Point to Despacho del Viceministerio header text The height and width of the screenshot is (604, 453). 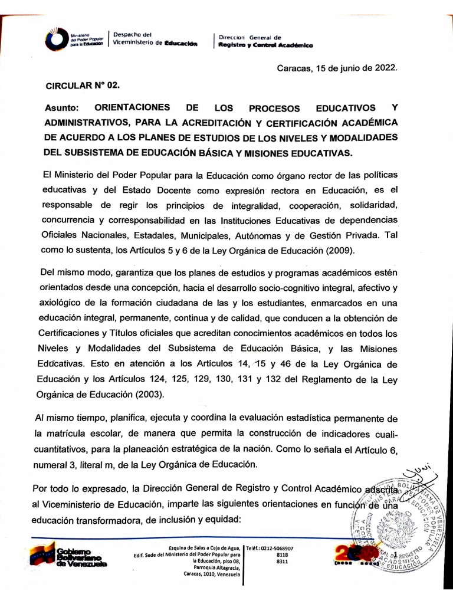coord(155,39)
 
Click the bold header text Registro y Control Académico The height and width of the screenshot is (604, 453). coord(265,45)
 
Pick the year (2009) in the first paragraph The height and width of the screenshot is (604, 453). coord(337,250)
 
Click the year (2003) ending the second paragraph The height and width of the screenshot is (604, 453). coord(148,394)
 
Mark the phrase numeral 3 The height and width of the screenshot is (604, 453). coord(61,464)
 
